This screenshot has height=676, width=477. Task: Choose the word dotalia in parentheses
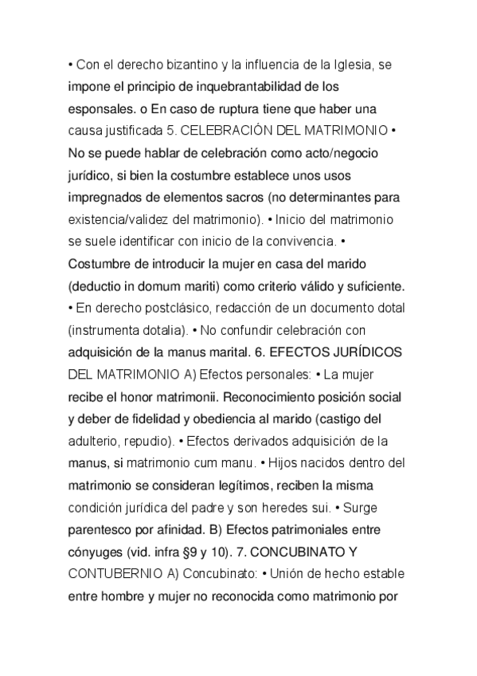coord(156,329)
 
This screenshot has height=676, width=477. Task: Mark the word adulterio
coord(96,440)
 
